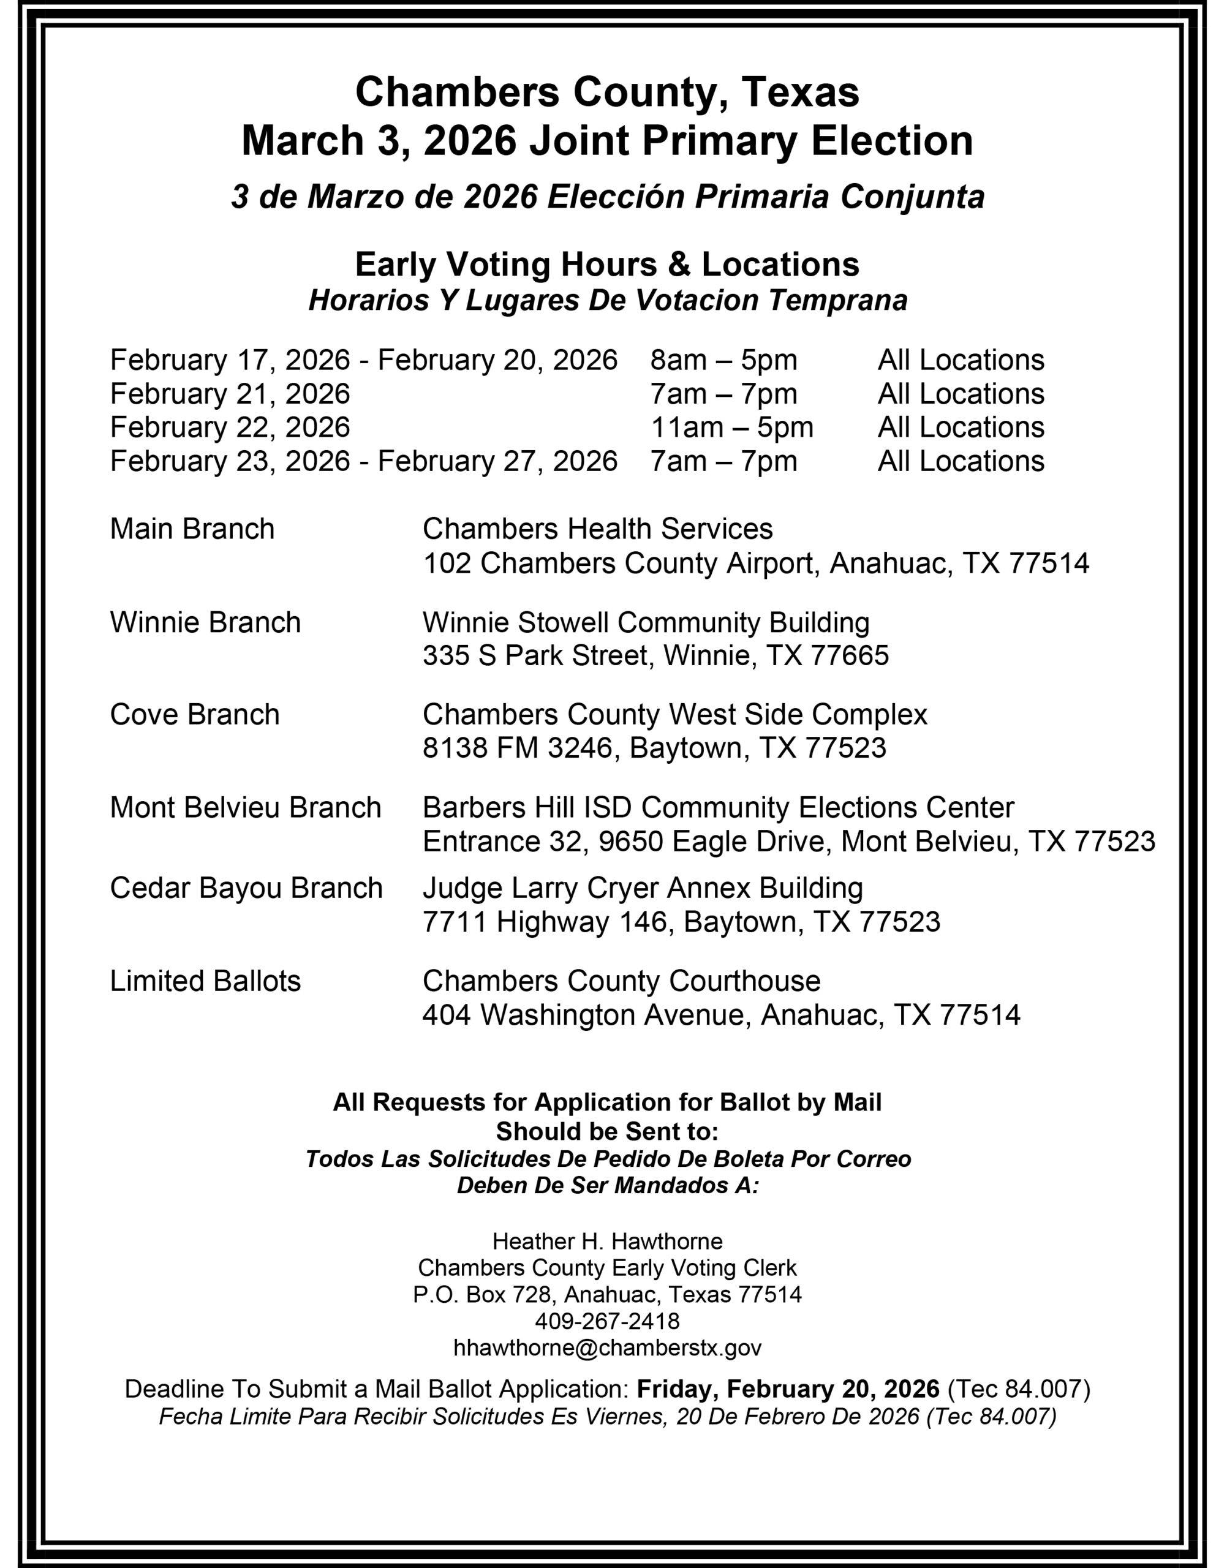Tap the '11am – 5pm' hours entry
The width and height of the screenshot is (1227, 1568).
pyautogui.click(x=731, y=428)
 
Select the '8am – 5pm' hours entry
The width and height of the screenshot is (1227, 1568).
pyautogui.click(x=723, y=360)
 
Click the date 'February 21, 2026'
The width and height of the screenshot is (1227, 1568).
pyautogui.click(x=230, y=394)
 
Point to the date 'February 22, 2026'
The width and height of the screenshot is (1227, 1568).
pyautogui.click(x=230, y=428)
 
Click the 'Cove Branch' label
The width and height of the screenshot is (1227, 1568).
pyautogui.click(x=194, y=715)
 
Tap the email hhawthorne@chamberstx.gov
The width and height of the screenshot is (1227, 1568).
pyautogui.click(x=607, y=1348)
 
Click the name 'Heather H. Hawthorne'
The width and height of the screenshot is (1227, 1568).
pyautogui.click(x=607, y=1240)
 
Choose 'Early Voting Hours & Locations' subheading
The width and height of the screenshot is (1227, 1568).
pyautogui.click(x=607, y=265)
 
